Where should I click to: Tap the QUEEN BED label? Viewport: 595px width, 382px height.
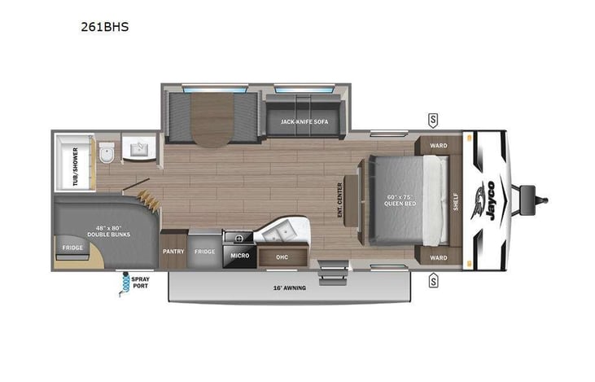click(x=401, y=200)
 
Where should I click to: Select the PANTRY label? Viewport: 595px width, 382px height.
click(x=173, y=252)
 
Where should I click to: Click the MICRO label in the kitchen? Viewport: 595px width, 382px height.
click(x=238, y=256)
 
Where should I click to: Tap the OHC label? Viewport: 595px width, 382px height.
click(x=282, y=257)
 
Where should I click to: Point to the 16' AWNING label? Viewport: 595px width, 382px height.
click(x=290, y=288)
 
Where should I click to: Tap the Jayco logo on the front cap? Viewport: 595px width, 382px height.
click(x=491, y=200)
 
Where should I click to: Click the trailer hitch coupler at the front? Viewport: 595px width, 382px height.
click(x=537, y=198)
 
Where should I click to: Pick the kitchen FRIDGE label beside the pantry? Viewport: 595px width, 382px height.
click(x=204, y=252)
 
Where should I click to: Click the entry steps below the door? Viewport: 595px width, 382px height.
click(x=331, y=272)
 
